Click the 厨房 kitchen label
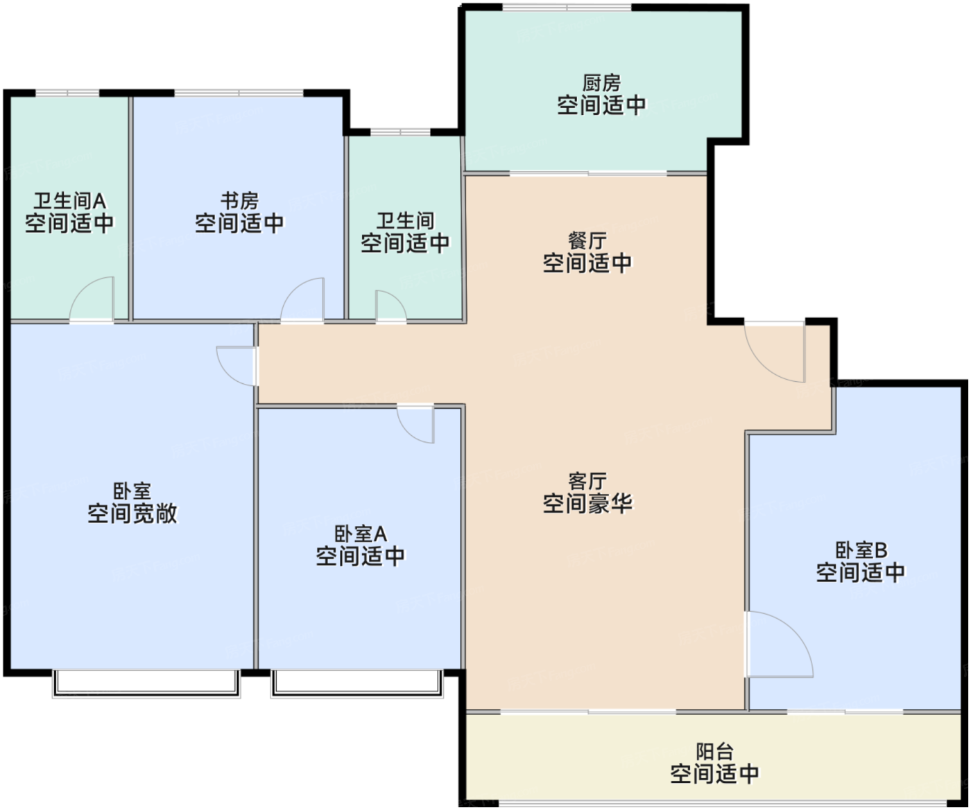(x=601, y=83)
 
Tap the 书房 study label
(x=239, y=201)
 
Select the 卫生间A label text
(x=70, y=201)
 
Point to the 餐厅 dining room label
(x=587, y=241)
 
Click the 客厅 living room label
(x=587, y=482)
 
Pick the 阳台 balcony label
(x=715, y=752)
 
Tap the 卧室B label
(x=861, y=550)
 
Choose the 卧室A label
(x=361, y=534)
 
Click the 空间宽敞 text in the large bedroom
(x=132, y=514)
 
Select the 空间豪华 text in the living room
(x=587, y=503)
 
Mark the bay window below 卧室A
(x=357, y=684)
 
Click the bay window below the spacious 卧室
(x=146, y=684)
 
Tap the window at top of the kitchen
(x=567, y=8)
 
